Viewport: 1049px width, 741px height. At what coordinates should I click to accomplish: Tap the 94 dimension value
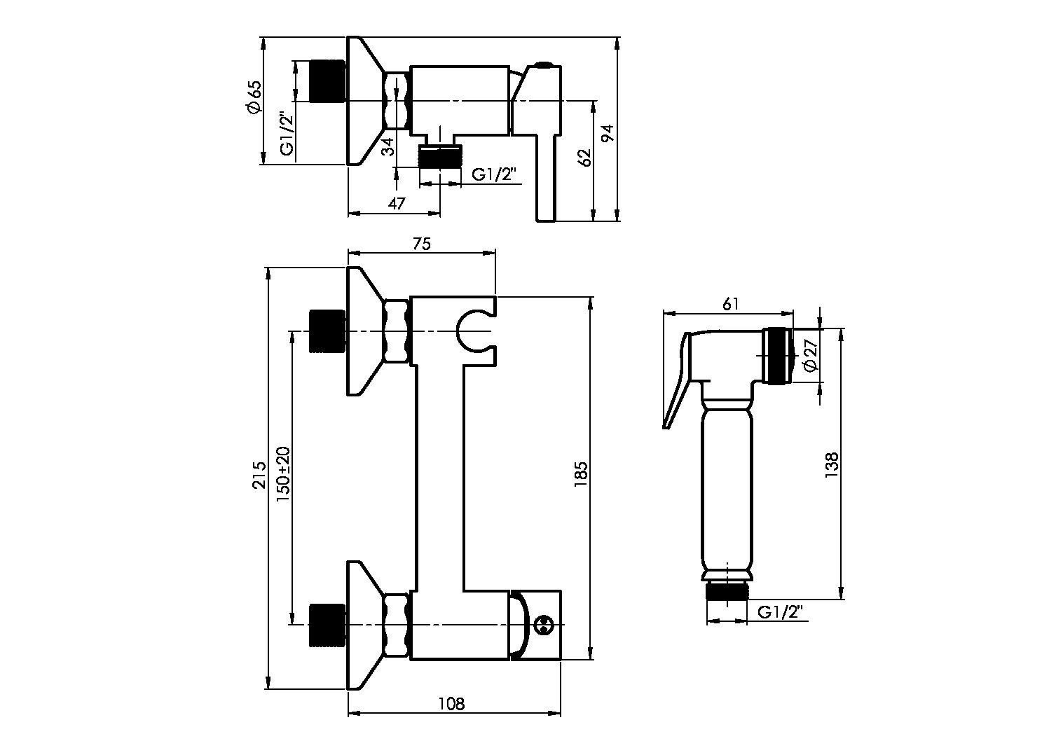608,133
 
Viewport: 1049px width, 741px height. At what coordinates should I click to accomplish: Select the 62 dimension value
585,158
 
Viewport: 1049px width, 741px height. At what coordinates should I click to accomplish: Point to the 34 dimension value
388,147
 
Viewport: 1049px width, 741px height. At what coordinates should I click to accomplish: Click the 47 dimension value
397,204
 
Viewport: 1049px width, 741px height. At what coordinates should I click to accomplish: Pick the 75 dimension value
421,244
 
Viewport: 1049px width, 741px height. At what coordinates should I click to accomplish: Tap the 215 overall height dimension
259,475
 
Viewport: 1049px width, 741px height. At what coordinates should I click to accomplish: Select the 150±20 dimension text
283,475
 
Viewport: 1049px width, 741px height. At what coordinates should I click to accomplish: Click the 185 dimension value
581,475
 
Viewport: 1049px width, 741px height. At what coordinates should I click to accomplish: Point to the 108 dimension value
452,716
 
